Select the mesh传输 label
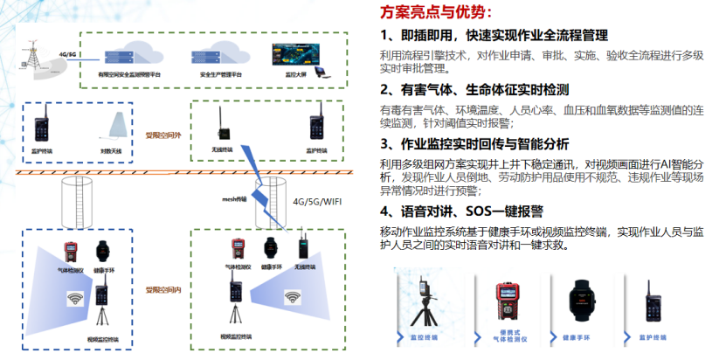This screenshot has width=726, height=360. coord(236,198)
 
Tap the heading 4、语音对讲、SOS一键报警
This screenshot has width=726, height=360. coord(461,211)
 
